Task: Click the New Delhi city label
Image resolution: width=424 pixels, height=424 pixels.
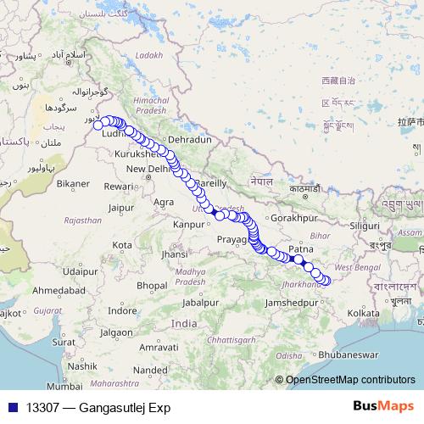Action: (x=147, y=169)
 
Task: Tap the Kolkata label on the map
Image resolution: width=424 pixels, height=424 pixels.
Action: (x=364, y=314)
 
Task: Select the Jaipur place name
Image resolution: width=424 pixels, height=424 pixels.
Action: (x=123, y=206)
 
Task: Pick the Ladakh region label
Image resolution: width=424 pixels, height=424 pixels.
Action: (x=148, y=55)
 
